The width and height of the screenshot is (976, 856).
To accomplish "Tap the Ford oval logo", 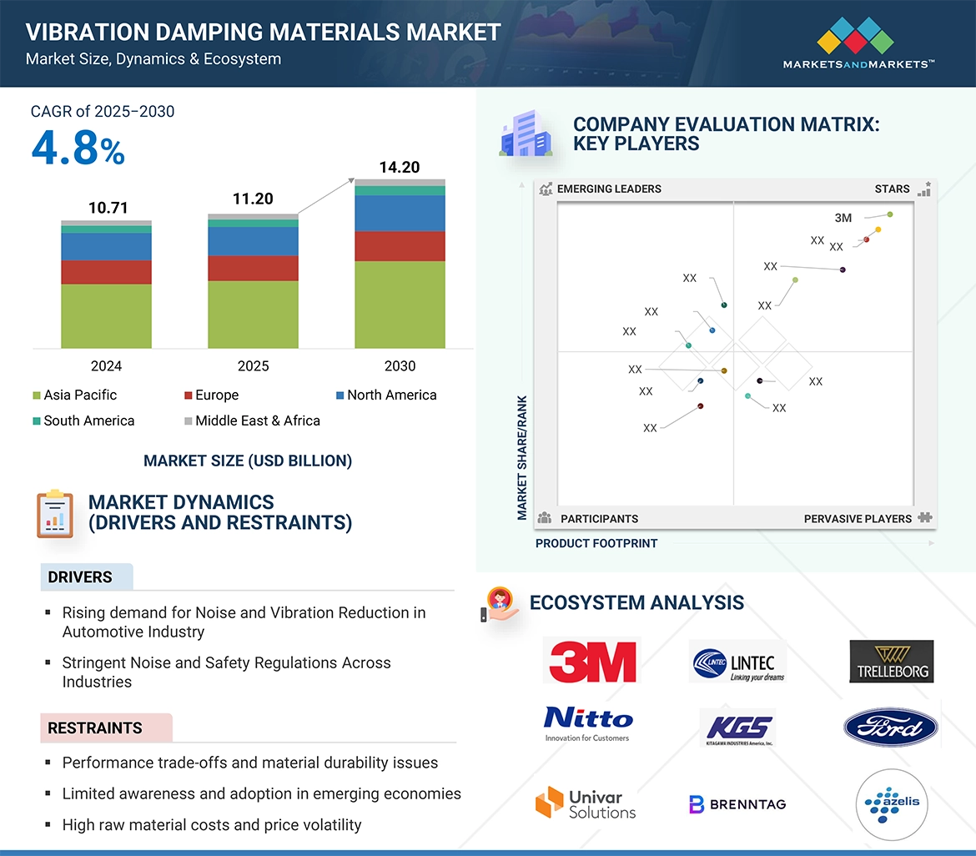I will tap(890, 728).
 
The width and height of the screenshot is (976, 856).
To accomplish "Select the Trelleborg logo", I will tap(892, 662).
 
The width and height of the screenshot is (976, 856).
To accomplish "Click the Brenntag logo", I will tap(737, 804).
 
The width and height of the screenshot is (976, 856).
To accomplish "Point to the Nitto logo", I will tap(588, 722).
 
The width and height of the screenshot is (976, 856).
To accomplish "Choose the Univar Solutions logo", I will tap(586, 803).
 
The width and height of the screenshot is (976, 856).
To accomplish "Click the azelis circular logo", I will tap(892, 803).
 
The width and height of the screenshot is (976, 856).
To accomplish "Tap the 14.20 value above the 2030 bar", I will tap(399, 168).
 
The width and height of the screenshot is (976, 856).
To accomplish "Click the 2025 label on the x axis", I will tap(253, 366).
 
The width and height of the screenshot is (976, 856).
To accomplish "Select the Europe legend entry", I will tap(216, 395).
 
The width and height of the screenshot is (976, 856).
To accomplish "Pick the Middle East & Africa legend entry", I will tap(257, 421).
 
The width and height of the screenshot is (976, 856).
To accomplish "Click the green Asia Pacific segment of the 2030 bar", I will tap(400, 305).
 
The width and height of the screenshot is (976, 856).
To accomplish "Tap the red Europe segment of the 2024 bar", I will tap(106, 272).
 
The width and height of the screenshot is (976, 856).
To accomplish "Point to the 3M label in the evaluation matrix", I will tap(843, 218).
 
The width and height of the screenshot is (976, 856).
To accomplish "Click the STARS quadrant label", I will tap(892, 189).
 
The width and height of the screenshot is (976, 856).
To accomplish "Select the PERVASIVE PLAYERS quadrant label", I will tap(858, 519).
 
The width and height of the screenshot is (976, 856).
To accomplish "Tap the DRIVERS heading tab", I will tap(80, 577).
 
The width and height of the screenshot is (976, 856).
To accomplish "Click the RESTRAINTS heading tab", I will tap(94, 728).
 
